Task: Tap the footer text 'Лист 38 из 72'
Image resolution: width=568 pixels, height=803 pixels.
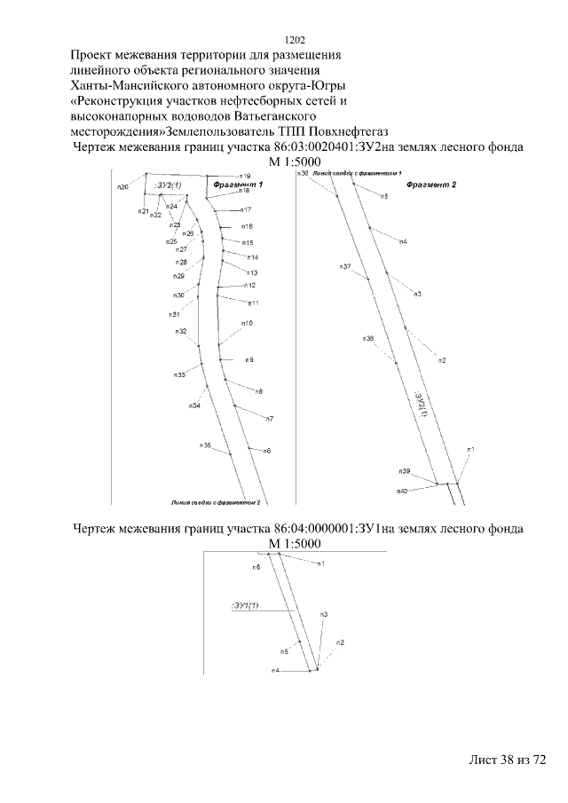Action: (506, 761)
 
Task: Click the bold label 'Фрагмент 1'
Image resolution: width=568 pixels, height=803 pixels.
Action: (239, 183)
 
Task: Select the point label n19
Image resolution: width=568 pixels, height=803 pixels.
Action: (246, 176)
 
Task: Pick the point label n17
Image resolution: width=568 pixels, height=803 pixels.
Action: (247, 209)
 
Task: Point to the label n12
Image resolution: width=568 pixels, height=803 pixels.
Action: (250, 285)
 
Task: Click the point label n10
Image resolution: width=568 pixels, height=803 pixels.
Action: (248, 323)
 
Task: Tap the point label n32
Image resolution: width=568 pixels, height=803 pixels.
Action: (180, 331)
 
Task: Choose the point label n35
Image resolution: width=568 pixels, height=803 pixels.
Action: (205, 445)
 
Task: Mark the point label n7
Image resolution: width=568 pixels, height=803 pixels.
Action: (269, 419)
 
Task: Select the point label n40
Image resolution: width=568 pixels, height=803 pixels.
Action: (401, 491)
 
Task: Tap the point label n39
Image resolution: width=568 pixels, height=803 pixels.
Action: (404, 470)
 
